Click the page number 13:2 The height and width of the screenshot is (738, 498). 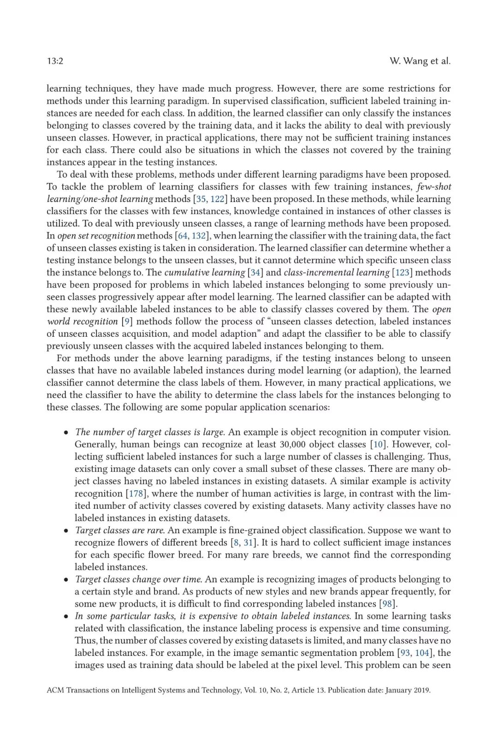[55, 61]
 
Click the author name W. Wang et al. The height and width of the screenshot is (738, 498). [420, 61]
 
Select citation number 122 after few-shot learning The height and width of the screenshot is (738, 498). [217, 199]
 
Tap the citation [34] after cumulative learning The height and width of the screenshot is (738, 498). [255, 272]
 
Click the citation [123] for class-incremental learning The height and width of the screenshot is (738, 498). [402, 272]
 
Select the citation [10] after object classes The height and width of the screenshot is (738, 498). [378, 444]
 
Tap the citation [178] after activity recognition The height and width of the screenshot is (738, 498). [136, 493]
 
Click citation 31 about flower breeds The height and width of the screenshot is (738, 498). [248, 542]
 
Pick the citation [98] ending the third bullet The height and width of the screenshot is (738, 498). [387, 604]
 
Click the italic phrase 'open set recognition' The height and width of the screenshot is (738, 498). [96, 236]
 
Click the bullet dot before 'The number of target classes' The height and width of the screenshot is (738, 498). [66, 433]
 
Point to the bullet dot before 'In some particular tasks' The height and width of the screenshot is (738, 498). [66, 617]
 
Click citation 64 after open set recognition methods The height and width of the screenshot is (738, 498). [183, 236]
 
